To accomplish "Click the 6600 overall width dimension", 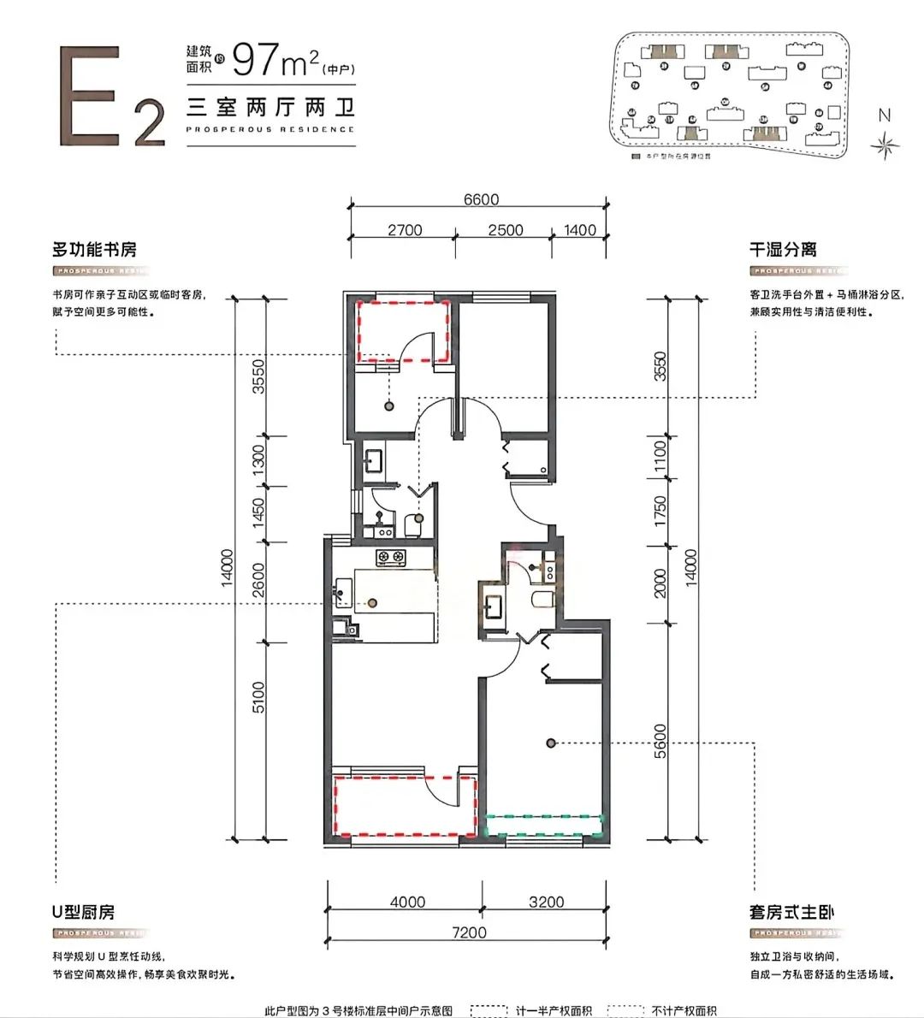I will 481,199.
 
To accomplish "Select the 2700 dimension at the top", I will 405,230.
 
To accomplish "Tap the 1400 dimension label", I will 580,230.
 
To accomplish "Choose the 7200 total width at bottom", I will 465,932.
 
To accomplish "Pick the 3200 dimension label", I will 546,902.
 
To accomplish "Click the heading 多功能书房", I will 94,250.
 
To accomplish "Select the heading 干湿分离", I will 783,250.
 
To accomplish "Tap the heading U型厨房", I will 83,912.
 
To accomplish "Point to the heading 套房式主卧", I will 791,912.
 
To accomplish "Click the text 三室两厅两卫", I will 270,109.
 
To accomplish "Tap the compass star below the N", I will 883,145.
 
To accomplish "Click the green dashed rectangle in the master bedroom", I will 544,825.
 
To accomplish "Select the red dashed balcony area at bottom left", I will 404,805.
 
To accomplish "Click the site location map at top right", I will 726,94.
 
